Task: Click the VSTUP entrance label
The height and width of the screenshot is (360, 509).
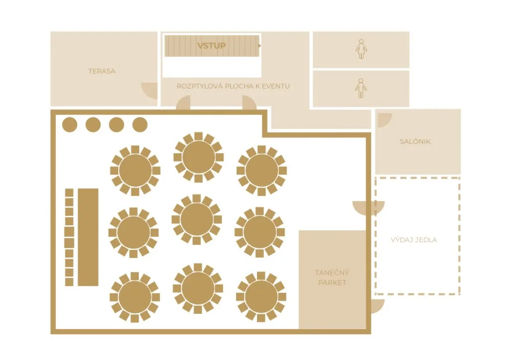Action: (x=211, y=46)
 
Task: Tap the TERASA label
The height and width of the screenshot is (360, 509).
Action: (x=102, y=71)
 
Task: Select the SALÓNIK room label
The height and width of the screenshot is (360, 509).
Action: (x=415, y=142)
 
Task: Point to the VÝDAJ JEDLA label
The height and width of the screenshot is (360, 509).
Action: (x=414, y=240)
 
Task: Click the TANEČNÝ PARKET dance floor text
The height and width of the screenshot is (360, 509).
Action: (x=332, y=277)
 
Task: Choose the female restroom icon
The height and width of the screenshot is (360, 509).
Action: (x=361, y=49)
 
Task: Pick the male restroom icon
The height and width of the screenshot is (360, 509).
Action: (x=361, y=88)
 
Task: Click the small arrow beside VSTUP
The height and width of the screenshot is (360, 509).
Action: (x=259, y=46)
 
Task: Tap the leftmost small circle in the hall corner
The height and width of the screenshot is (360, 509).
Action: (x=70, y=125)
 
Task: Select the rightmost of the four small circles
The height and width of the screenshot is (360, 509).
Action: (x=140, y=125)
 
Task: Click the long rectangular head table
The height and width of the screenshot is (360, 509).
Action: (x=88, y=237)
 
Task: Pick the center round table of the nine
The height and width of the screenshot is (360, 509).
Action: (x=197, y=219)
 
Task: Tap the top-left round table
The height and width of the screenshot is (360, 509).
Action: (x=135, y=171)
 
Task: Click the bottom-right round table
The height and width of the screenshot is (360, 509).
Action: (x=261, y=297)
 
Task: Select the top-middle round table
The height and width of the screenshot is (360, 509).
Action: (x=198, y=157)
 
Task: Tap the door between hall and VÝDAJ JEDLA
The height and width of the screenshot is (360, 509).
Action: (x=368, y=208)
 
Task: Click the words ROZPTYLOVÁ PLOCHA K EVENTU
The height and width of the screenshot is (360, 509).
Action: (x=233, y=86)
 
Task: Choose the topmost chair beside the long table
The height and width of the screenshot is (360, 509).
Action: (x=69, y=193)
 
